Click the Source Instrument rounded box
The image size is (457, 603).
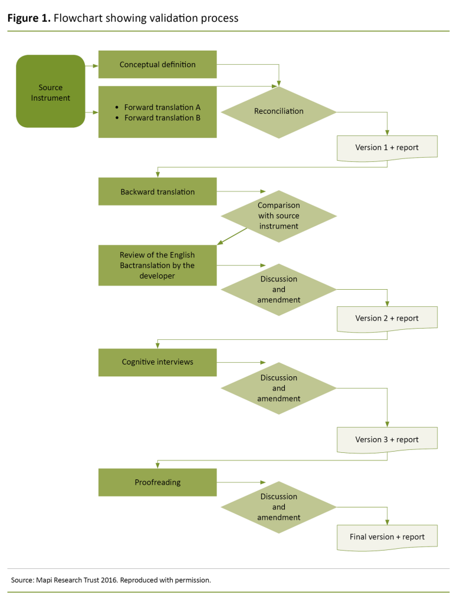point(51,92)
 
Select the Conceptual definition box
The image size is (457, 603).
point(157,64)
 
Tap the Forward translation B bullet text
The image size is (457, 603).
point(162,118)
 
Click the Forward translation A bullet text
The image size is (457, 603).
point(162,107)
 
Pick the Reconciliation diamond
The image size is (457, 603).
point(279,111)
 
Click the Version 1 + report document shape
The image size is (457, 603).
point(387,147)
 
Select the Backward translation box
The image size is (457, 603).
point(157,192)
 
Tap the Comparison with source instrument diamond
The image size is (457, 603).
point(279,216)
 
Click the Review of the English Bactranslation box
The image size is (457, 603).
point(157,265)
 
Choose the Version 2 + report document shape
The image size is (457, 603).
point(387,318)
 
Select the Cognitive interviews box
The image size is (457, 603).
point(157,362)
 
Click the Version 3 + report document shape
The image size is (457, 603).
point(387,439)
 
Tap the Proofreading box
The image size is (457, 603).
point(157,482)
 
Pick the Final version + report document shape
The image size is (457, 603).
point(387,536)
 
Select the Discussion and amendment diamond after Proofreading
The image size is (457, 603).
point(279,507)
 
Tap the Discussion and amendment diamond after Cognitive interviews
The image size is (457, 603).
point(279,388)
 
